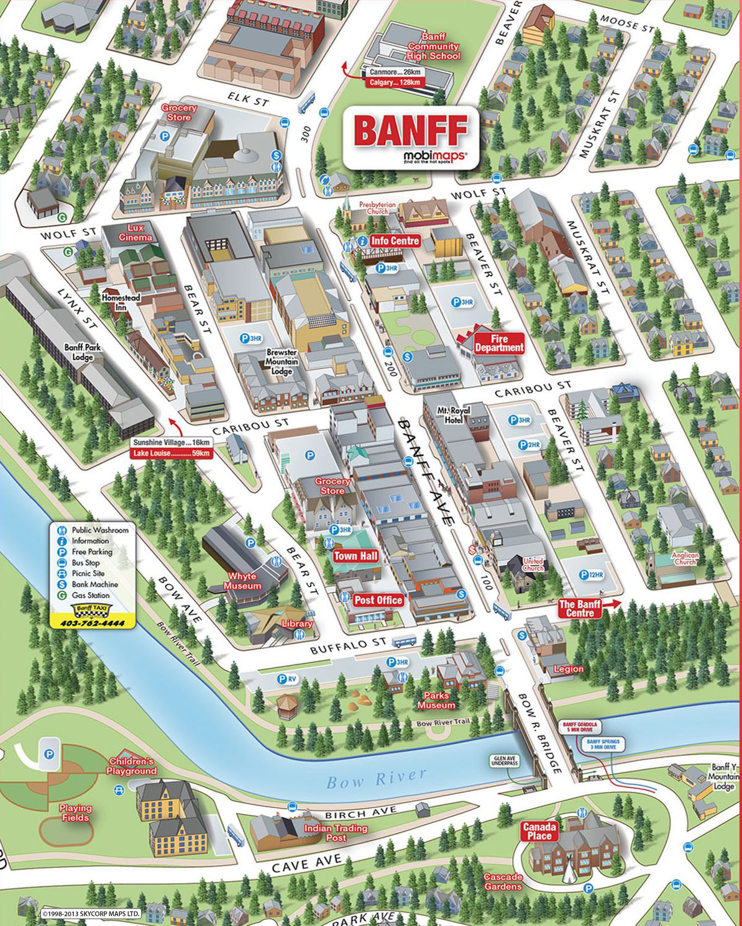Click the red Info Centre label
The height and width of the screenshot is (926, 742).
tap(395, 241)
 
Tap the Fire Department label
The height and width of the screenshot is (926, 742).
tap(499, 343)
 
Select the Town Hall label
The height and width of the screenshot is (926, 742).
tap(355, 556)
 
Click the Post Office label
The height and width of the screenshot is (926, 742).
tap(378, 600)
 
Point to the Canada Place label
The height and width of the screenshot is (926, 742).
tap(539, 831)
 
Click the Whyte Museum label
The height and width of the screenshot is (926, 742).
tap(242, 581)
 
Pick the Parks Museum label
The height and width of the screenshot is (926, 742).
tap(436, 701)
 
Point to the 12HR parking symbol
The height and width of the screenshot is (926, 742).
tap(591, 575)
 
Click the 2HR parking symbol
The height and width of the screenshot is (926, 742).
tap(529, 445)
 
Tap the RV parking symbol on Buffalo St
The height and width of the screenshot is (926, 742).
tap(287, 679)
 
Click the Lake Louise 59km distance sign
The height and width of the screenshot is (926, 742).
tap(172, 453)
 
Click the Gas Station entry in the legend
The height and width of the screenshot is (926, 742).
tap(90, 595)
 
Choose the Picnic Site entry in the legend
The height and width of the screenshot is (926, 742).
tap(88, 573)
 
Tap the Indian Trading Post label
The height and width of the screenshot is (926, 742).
tap(336, 833)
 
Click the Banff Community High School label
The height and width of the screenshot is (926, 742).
tap(434, 47)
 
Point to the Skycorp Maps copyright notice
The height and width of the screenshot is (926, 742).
tap(91, 914)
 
